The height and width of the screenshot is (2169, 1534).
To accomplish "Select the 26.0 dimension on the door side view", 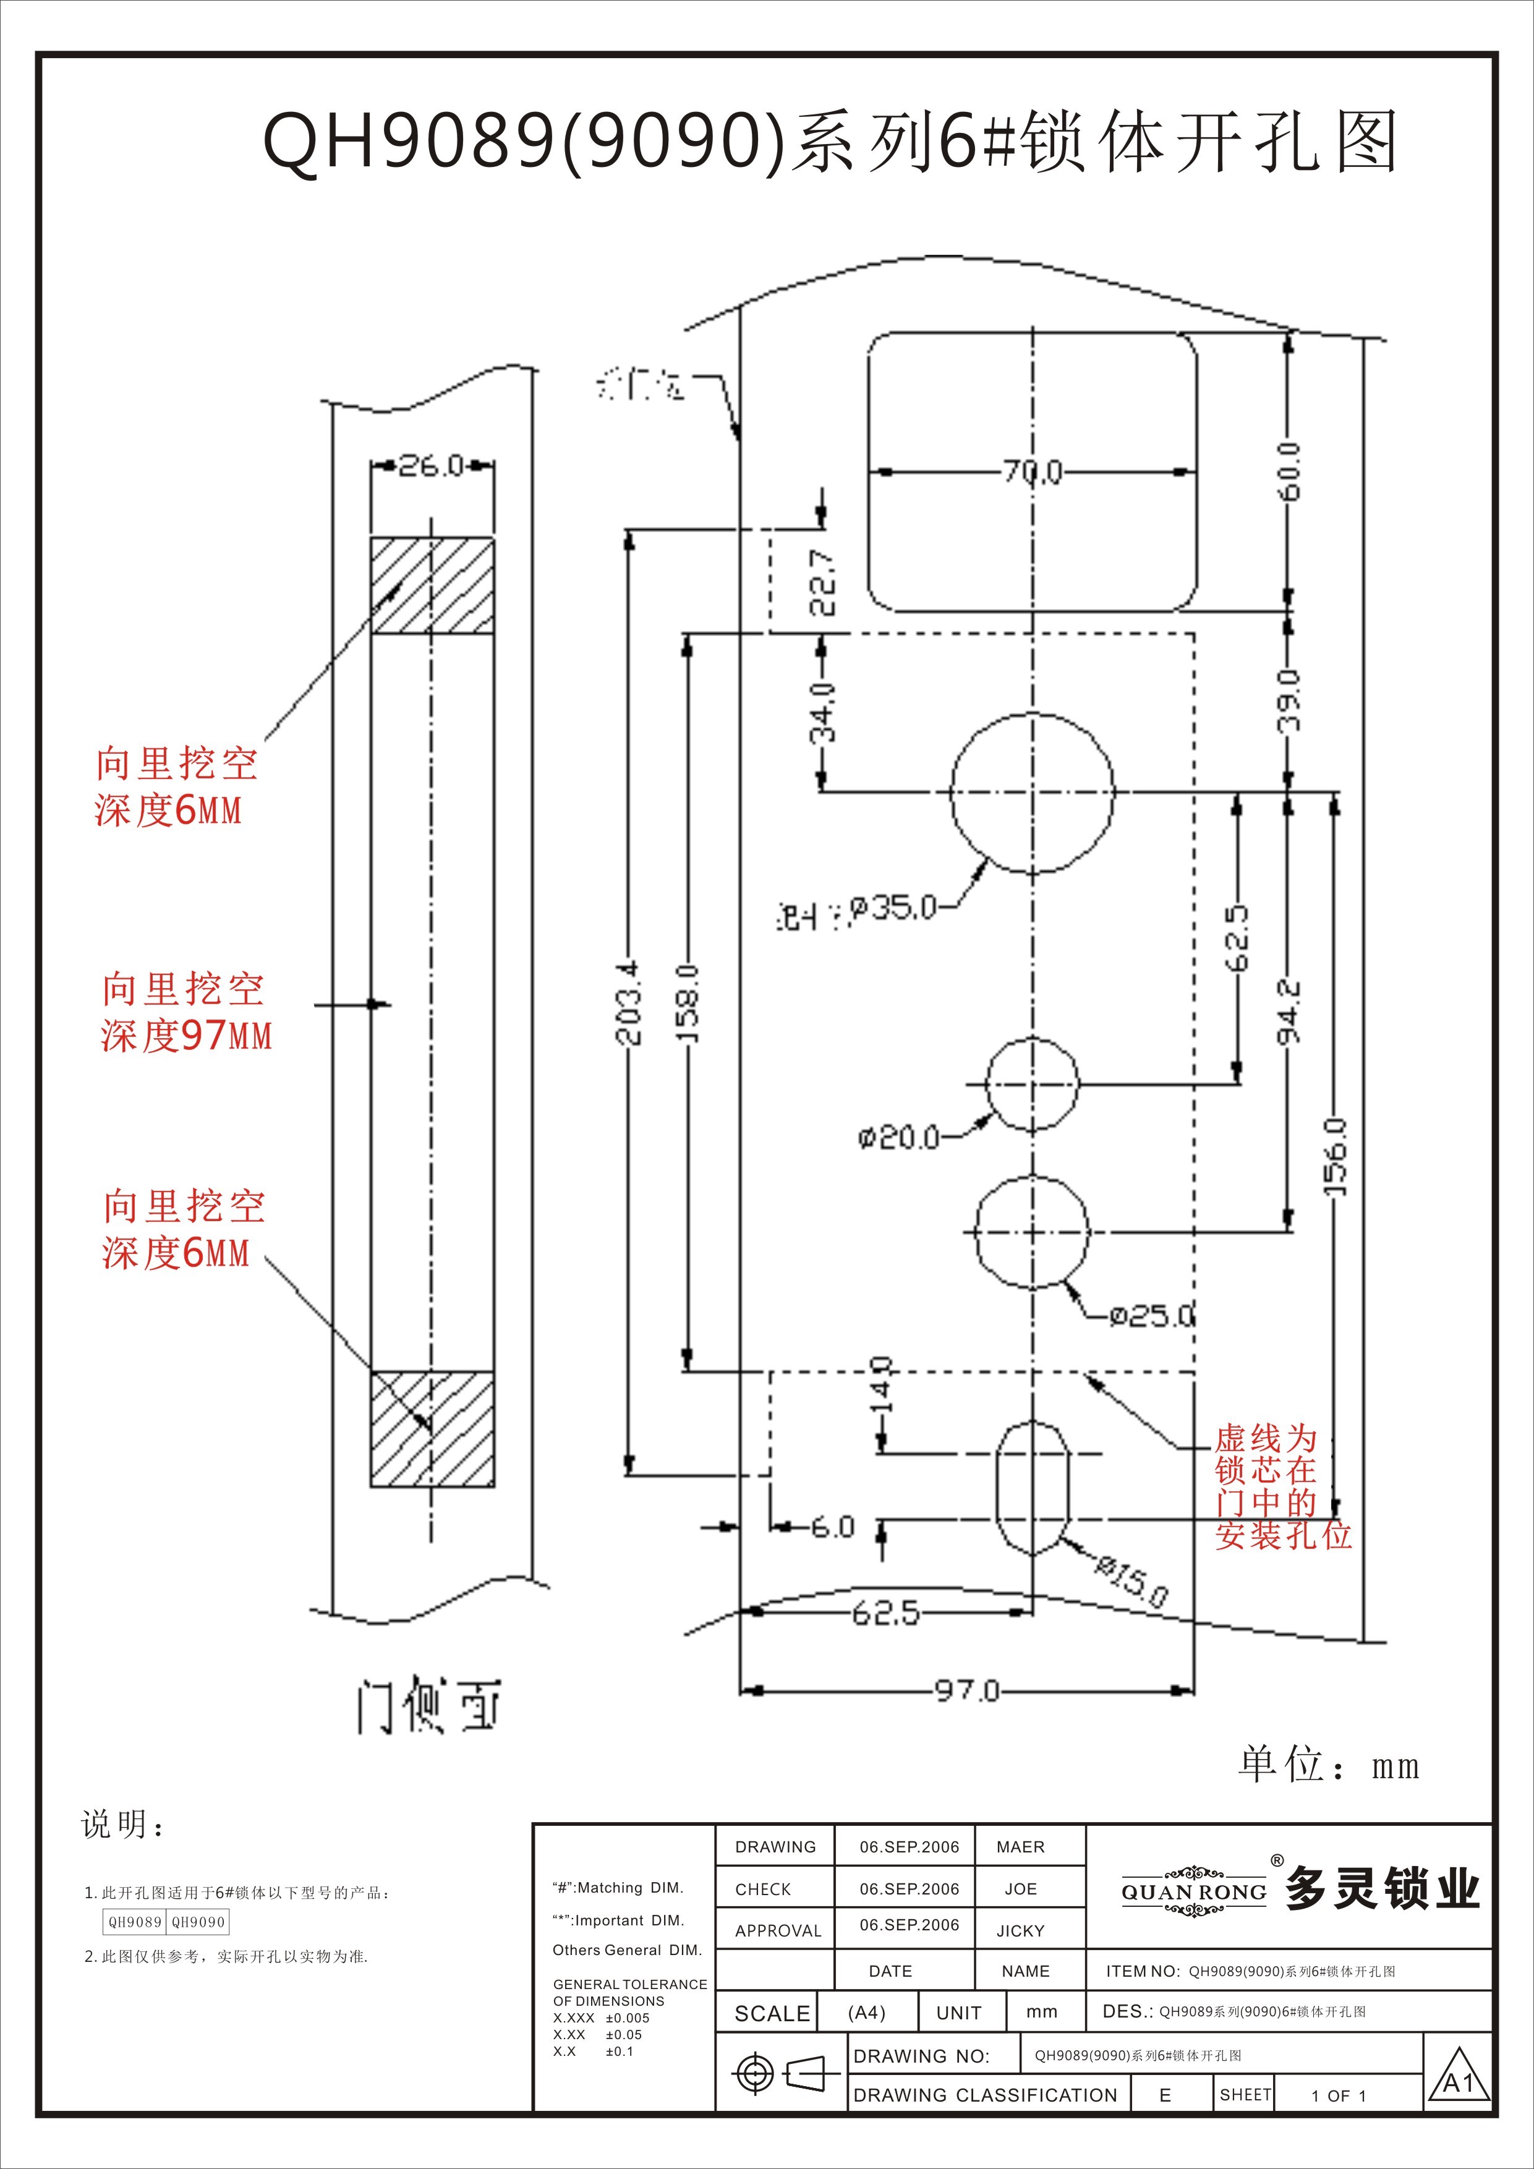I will pos(431,466).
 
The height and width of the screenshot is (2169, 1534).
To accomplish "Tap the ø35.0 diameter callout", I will pos(893,908).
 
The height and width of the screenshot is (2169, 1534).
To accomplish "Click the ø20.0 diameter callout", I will pos(898,1136).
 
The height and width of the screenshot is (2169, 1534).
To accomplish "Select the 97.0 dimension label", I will pos(966,1690).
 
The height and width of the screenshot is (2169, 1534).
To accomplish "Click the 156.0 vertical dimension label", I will pos(1335,1157).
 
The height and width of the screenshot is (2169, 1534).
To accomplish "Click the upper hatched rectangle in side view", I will pos(432,585).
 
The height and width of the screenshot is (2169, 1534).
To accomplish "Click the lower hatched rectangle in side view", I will pos(432,1428).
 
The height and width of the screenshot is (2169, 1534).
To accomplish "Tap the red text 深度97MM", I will pos(186,1036).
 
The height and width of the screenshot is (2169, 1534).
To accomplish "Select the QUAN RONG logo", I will pos(1194,1892).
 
